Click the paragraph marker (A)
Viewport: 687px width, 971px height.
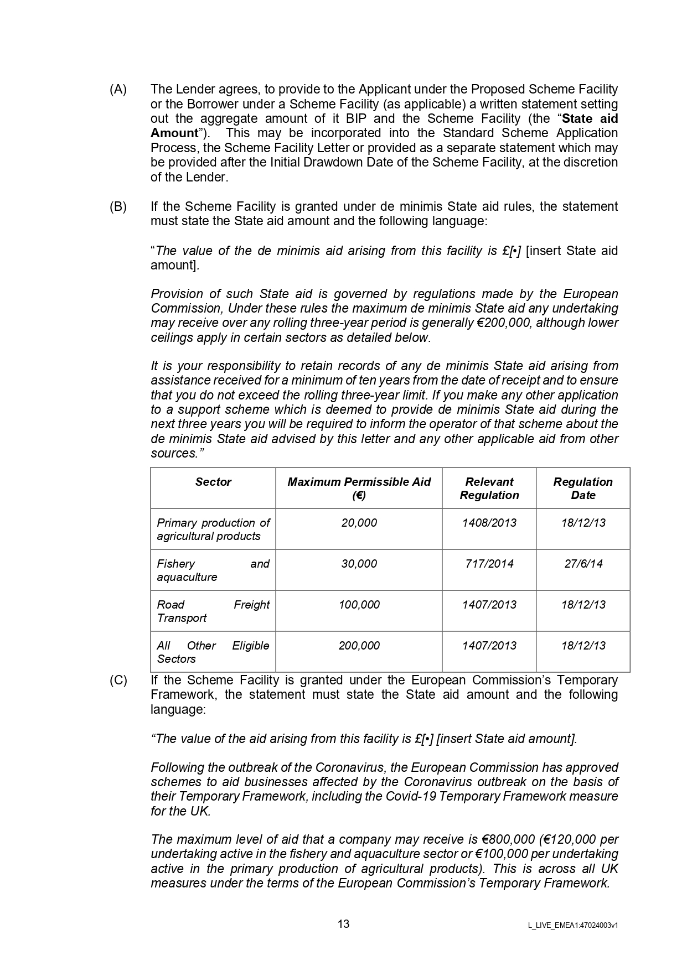point(118,90)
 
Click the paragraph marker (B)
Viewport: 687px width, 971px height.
point(118,207)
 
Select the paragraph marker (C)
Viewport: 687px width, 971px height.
point(118,681)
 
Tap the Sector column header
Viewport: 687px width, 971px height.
point(213,482)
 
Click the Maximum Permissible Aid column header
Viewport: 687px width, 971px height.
point(359,488)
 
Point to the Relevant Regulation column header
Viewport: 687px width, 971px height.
point(489,488)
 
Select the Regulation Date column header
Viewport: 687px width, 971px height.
point(583,488)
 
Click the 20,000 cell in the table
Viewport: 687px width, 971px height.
point(359,523)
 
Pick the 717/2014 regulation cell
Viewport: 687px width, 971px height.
point(489,564)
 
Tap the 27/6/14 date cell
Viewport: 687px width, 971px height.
point(583,564)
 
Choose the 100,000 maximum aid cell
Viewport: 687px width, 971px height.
point(359,605)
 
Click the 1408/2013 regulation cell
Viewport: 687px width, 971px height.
point(489,523)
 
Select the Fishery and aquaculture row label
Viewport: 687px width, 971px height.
point(213,570)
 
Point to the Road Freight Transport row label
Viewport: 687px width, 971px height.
point(213,611)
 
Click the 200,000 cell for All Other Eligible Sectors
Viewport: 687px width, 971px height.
point(359,646)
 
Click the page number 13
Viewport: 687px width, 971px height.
point(343,924)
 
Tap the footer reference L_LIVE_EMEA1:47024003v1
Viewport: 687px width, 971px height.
point(573,925)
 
